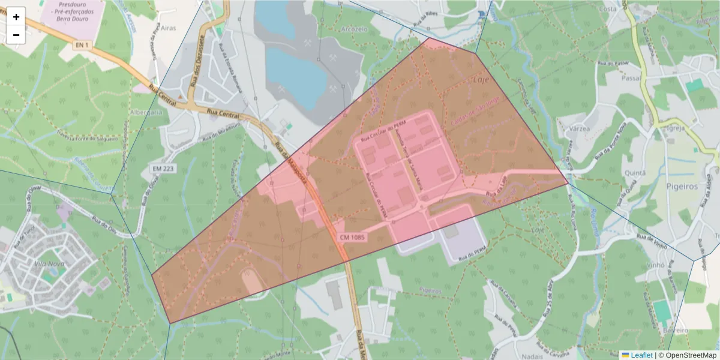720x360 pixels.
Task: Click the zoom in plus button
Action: point(16,17)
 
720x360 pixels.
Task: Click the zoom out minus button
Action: point(16,35)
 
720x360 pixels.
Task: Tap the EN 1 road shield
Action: point(82,45)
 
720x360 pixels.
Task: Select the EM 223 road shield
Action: point(163,169)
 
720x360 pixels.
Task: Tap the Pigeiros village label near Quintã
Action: point(682,186)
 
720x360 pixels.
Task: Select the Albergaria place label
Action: point(146,112)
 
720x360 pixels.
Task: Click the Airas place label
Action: point(169,28)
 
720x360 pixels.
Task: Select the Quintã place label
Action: point(635,173)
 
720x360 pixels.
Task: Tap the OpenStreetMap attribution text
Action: point(691,355)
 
